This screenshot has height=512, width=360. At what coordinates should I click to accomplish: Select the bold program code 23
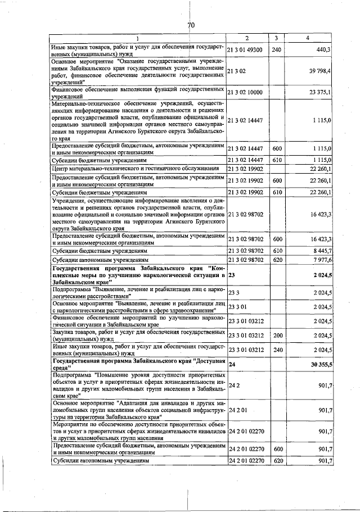click(232, 275)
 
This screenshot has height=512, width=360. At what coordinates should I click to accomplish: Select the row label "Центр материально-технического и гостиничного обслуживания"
click(134, 169)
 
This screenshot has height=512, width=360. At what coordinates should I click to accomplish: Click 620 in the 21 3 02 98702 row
click(276, 260)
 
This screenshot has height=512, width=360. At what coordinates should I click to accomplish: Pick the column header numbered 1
click(137, 38)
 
